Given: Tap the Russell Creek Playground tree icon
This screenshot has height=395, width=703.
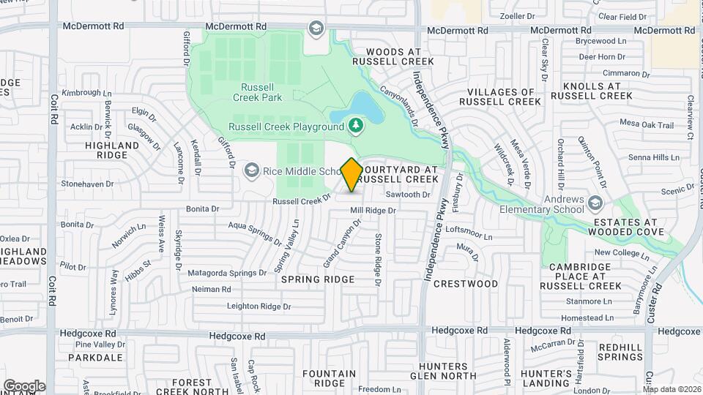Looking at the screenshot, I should (356, 126).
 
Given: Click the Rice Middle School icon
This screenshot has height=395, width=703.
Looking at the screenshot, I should (252, 170).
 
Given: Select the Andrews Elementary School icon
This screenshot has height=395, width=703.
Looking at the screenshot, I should (596, 202).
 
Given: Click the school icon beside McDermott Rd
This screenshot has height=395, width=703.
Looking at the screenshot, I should (316, 29).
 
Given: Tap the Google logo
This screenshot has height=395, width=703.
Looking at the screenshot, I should (23, 385).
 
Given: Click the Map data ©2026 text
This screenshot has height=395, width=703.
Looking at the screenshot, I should (672, 388).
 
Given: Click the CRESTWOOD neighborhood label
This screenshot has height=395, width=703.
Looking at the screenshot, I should (465, 283).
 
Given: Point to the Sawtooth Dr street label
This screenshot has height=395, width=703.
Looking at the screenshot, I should (407, 195).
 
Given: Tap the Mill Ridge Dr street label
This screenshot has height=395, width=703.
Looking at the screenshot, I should (373, 211).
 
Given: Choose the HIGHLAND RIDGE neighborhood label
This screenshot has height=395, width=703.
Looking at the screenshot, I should (112, 151).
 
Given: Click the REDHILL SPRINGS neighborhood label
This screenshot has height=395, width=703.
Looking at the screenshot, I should (620, 352).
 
